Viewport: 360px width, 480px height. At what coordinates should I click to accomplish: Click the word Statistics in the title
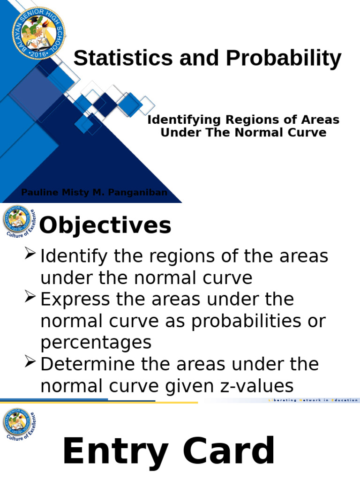tap(119, 59)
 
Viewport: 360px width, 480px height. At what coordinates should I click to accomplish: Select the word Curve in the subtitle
tap(307, 133)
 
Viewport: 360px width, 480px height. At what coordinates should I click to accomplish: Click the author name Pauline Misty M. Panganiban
tap(94, 193)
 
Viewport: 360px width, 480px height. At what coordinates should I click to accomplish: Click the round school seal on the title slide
tap(38, 33)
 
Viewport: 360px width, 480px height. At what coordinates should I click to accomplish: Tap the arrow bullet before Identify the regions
tap(30, 255)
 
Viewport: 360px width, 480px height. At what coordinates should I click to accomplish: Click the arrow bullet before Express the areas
tap(30, 298)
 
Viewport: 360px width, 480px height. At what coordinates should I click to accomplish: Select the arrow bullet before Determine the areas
tap(30, 362)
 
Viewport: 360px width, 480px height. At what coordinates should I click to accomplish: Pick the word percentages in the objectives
tap(96, 343)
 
